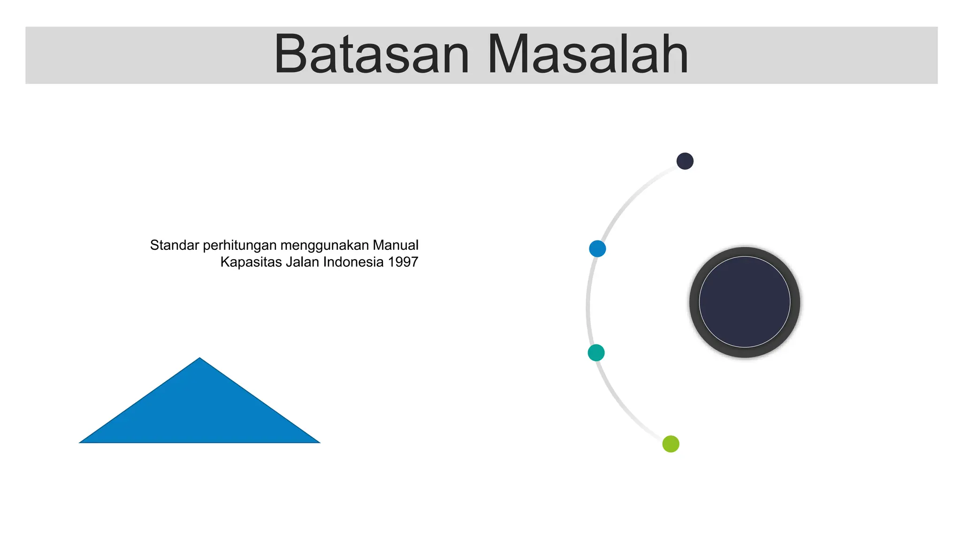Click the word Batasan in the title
tap(371, 55)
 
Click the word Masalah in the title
tap(587, 55)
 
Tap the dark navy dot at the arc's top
tap(685, 161)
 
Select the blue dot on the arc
tap(597, 248)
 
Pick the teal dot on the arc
tap(596, 353)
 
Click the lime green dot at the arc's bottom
tap(671, 444)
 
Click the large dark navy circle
tap(744, 302)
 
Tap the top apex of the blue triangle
tap(200, 360)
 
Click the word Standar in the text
tap(174, 245)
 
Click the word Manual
tap(395, 245)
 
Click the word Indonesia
tap(353, 262)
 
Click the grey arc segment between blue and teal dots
tap(588, 301)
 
